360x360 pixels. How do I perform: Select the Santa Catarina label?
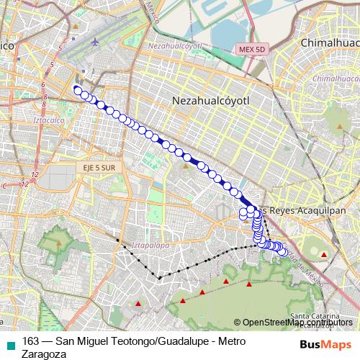point(315,316)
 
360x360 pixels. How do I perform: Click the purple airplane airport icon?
point(96,41)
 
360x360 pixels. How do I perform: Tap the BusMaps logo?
point(326,344)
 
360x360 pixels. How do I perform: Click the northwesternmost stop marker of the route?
point(77,89)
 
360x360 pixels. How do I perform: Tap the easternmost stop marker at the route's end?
point(282,252)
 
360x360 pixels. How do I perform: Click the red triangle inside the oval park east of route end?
point(324,255)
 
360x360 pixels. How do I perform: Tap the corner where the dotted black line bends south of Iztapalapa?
point(158,276)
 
